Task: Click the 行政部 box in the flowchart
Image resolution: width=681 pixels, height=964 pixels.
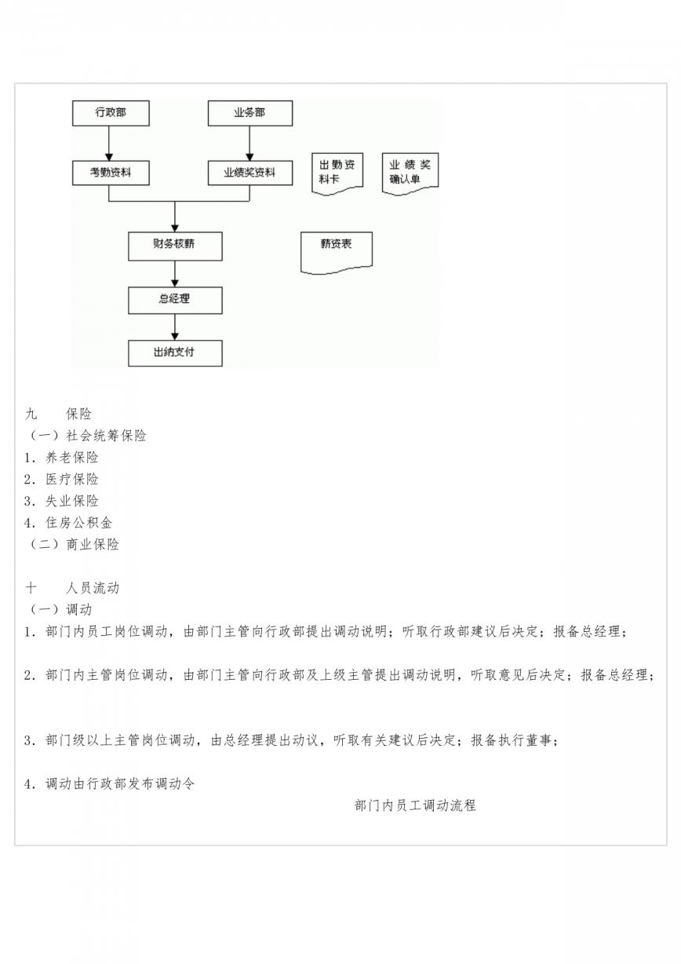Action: pos(111,113)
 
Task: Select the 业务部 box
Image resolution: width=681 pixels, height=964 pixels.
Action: pos(250,113)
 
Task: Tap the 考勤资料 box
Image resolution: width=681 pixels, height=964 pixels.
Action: pos(111,173)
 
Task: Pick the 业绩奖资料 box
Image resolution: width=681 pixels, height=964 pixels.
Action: pos(250,173)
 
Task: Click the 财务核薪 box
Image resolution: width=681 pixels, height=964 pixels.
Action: pos(175,246)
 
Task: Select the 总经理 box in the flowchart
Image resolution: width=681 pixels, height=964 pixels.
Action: pos(175,301)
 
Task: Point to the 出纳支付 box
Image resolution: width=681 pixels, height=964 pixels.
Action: pos(175,353)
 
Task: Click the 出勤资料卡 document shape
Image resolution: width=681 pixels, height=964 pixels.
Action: pos(337,173)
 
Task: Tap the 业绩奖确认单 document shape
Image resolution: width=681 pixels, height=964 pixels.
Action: pos(410,173)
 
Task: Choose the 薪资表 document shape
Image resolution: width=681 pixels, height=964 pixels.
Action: pos(336,252)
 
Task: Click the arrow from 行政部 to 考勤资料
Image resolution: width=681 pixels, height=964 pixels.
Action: pos(109,144)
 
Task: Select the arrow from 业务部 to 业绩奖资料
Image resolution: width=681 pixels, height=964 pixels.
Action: pos(249,144)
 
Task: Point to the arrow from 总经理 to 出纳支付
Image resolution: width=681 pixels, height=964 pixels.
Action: pos(175,327)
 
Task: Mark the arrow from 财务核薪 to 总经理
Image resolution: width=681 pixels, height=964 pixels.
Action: pos(175,274)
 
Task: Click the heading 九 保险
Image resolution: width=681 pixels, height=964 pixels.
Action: pos(59,414)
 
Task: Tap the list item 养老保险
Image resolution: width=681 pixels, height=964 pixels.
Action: pos(61,458)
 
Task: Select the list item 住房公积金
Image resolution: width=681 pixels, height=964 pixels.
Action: pos(68,523)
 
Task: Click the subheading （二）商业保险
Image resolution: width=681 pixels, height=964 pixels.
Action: pos(72,544)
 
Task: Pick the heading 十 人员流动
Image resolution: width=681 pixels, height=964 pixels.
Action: pos(72,588)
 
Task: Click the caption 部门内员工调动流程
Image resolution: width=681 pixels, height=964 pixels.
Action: pos(415,805)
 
